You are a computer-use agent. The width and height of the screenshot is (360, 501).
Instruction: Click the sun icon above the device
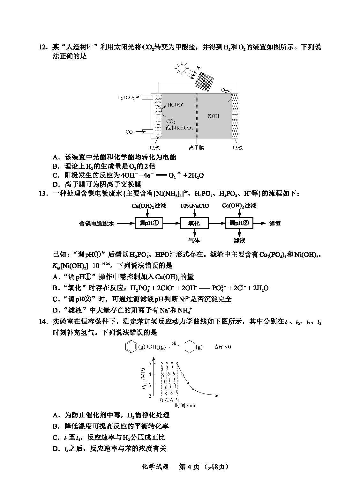(181, 68)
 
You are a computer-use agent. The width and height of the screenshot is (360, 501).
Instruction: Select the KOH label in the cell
(214, 116)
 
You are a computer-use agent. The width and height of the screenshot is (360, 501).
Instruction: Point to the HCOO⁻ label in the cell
(176, 104)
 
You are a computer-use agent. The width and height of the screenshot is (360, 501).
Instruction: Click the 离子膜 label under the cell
(196, 148)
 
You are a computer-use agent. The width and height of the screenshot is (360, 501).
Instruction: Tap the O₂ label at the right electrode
(224, 91)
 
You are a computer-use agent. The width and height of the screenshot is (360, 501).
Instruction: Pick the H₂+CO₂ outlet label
(126, 97)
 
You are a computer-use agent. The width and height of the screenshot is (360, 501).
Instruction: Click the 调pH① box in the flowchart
(149, 223)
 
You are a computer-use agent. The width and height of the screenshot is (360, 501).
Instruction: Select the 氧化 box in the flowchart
(194, 223)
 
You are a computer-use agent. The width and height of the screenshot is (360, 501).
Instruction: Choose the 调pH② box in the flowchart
(239, 223)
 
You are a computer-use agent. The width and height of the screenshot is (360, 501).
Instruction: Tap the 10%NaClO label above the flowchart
(195, 206)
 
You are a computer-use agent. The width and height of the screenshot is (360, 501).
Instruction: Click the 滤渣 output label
(275, 223)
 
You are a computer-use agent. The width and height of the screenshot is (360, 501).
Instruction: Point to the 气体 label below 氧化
(194, 240)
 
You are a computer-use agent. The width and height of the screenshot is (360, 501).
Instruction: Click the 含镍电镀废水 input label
(96, 224)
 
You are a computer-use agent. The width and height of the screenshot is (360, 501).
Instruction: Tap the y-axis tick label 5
(150, 363)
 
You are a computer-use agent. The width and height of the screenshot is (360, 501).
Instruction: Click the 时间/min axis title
(185, 405)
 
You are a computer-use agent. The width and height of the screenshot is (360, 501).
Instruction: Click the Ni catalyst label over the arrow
(174, 343)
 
